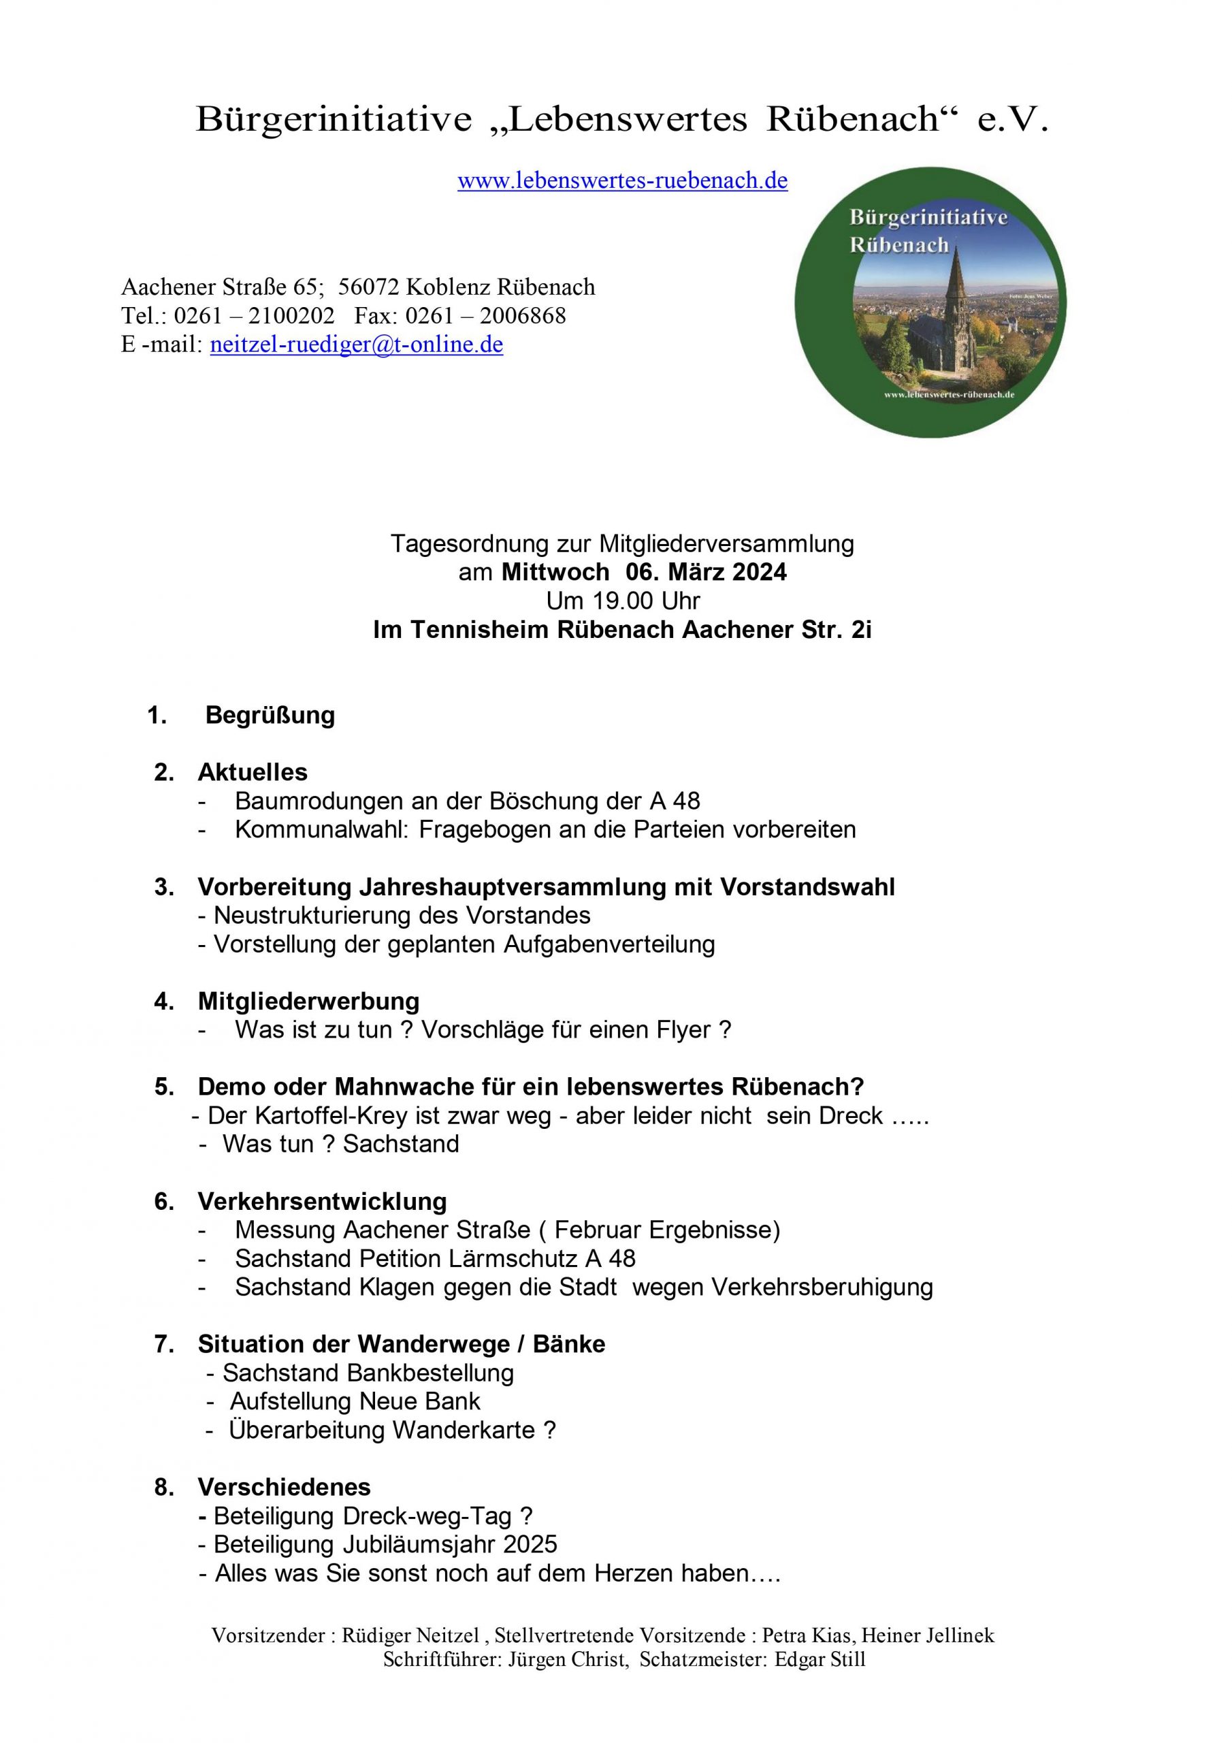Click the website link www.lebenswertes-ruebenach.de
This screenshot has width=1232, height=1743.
621,180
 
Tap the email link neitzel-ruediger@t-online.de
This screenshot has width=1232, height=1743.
356,345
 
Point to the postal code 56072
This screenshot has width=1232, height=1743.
369,287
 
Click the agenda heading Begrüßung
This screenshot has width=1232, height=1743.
270,715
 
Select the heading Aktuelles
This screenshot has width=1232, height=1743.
253,772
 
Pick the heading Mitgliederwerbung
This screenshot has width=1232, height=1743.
308,1002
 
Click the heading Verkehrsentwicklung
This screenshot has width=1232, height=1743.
322,1201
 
